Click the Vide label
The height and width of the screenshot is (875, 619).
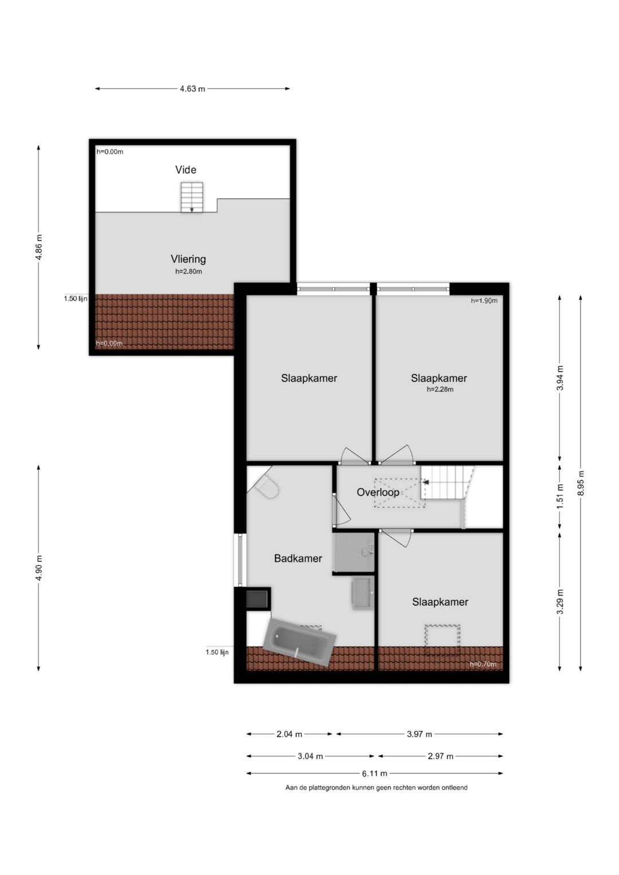click(x=186, y=170)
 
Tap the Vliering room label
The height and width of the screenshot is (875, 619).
click(x=189, y=259)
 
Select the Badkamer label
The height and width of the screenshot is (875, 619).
click(x=298, y=558)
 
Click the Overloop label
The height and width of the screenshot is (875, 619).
click(x=378, y=492)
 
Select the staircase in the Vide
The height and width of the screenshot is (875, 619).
click(x=192, y=197)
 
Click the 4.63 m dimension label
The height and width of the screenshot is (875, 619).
click(x=192, y=89)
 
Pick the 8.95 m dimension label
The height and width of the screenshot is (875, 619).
click(x=581, y=483)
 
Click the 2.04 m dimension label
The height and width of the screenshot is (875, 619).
click(x=289, y=734)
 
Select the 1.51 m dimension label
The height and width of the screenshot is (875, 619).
click(x=560, y=496)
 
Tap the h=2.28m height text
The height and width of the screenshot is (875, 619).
click(x=440, y=390)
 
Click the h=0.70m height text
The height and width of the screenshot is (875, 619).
click(x=483, y=664)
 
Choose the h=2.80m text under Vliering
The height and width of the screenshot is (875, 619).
click(x=189, y=272)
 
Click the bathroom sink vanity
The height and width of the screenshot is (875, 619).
click(x=363, y=593)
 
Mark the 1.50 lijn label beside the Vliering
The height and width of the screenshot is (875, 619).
click(x=76, y=299)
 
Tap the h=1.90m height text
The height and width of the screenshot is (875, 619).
click(x=484, y=301)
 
